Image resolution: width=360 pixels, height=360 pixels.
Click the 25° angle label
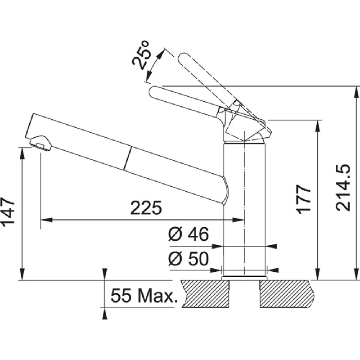tap(142, 55)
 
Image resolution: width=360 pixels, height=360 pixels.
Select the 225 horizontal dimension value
tap(146, 208)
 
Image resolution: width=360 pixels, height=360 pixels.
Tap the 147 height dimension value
tap(9, 211)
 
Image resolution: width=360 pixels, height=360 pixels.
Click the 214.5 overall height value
tap(343, 188)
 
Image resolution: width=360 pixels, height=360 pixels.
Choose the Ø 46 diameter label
tap(189, 234)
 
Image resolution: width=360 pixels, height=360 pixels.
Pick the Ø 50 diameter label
tap(189, 259)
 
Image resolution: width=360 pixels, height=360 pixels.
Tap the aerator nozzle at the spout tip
tap(40, 143)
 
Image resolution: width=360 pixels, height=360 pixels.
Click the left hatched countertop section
tap(206, 294)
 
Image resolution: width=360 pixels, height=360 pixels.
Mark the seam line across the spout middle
tap(127, 158)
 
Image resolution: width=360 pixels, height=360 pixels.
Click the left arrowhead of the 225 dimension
tap(46, 220)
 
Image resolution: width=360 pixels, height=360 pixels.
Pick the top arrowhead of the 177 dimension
tap(318, 126)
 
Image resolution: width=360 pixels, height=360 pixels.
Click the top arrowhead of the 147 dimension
tap(22, 153)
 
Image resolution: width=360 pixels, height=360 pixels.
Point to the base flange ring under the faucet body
tap(244, 278)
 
